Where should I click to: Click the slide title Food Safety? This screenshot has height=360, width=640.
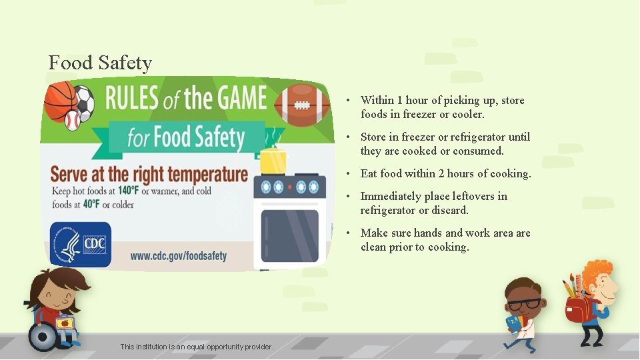point(100,63)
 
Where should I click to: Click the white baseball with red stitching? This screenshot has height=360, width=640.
point(72,120)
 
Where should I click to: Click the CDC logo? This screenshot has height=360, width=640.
point(81,244)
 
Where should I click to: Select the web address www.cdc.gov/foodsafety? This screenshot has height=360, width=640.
point(179,255)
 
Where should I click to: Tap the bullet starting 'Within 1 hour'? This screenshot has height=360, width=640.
point(442,107)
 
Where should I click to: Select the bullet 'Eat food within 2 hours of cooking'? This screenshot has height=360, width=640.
point(445,173)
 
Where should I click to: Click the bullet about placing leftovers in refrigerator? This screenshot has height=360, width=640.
point(433,203)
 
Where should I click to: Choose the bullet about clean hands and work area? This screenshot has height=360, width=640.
point(445,239)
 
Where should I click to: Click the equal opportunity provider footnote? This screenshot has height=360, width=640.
point(197,347)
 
